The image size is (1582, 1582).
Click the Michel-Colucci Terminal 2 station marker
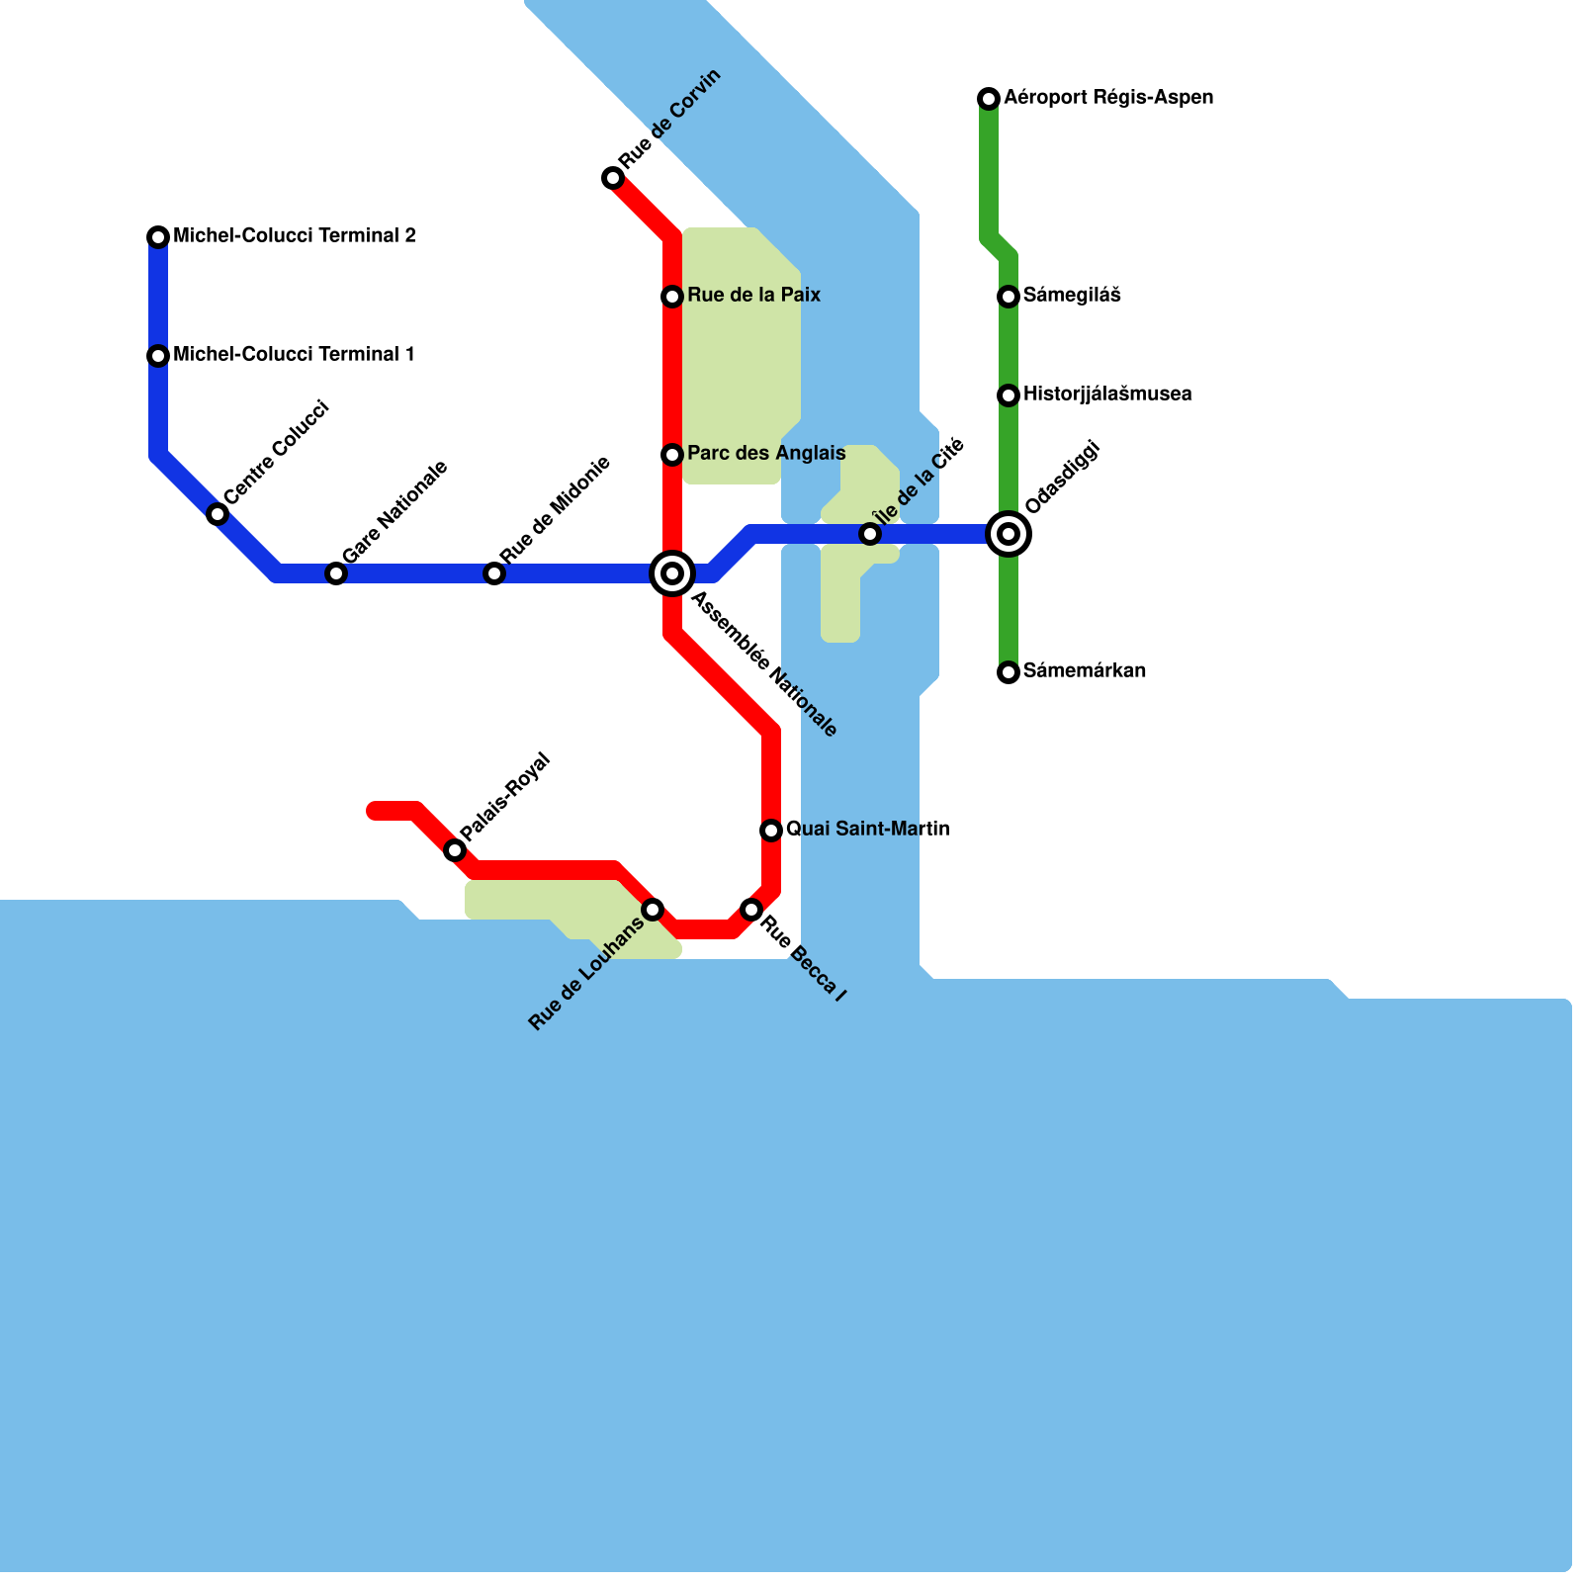158,237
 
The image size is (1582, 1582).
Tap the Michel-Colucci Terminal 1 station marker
158,356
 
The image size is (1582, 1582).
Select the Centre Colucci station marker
218,514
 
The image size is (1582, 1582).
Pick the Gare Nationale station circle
336,573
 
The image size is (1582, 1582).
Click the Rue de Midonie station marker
494,573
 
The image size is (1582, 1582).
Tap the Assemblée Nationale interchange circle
672,573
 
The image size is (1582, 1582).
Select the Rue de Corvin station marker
613,178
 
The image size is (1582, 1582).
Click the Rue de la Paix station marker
672,297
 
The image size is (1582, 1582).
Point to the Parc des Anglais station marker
672,455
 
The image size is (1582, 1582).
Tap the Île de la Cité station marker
870,534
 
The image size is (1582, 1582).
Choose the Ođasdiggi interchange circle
1009,534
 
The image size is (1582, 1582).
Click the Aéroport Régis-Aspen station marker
989,99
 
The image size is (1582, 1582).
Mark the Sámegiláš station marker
1009,297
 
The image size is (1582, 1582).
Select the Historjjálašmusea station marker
1009,395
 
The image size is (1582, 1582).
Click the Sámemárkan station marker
1009,672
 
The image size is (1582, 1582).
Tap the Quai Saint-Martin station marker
771,831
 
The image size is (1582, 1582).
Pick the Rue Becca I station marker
751,910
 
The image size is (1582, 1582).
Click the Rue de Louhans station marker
653,910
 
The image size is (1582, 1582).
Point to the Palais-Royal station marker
455,850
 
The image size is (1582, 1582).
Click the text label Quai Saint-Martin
867,829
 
